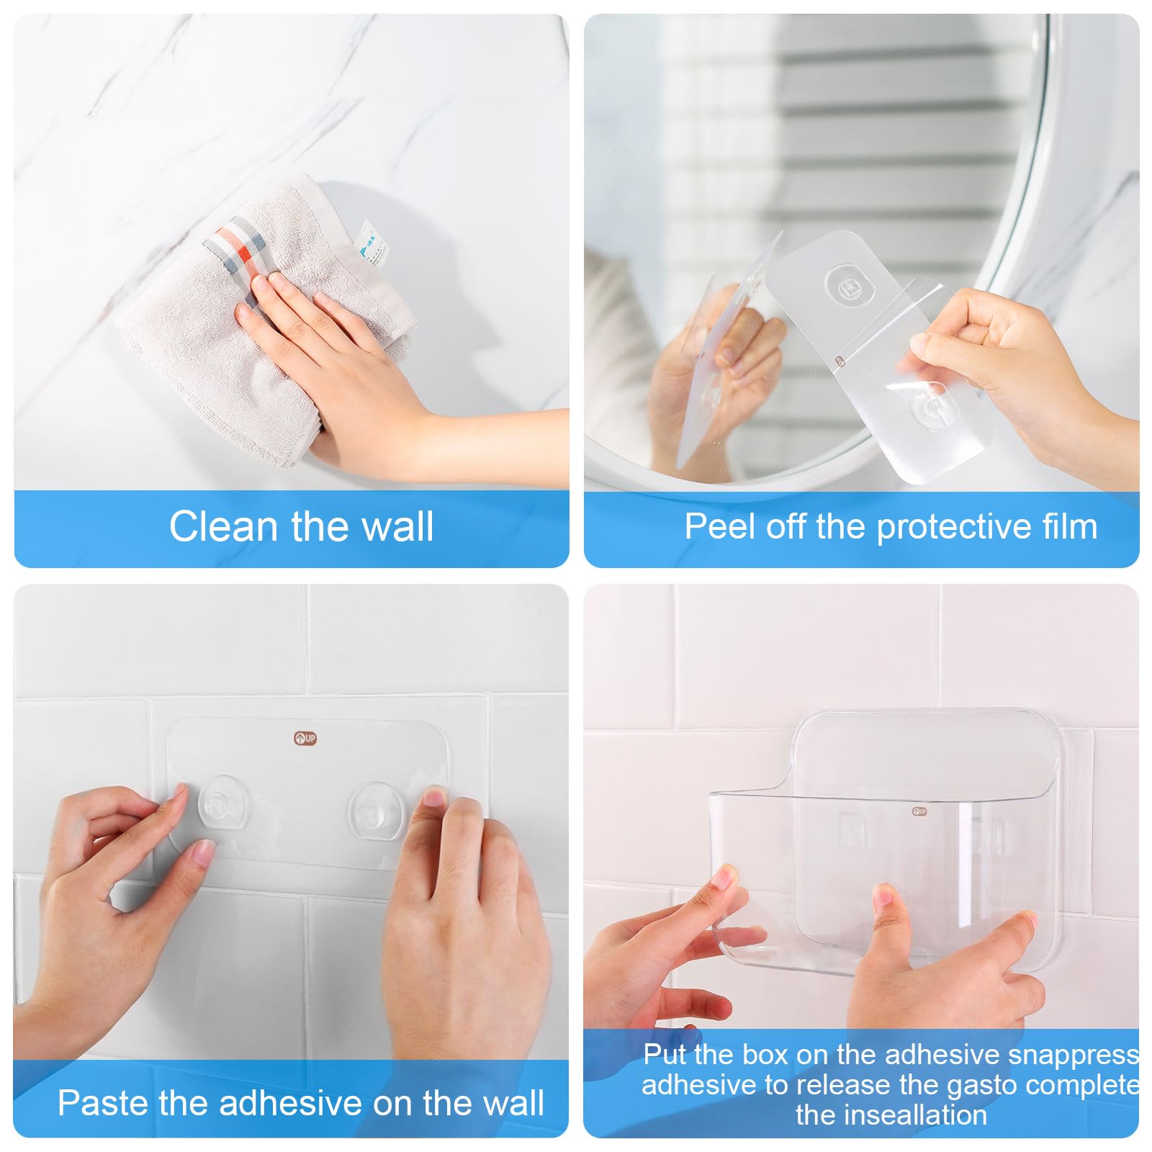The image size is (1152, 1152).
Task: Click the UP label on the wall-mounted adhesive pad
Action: [305, 738]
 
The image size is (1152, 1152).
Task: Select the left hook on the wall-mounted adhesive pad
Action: [223, 801]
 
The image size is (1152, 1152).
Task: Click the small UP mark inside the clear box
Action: [919, 811]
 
